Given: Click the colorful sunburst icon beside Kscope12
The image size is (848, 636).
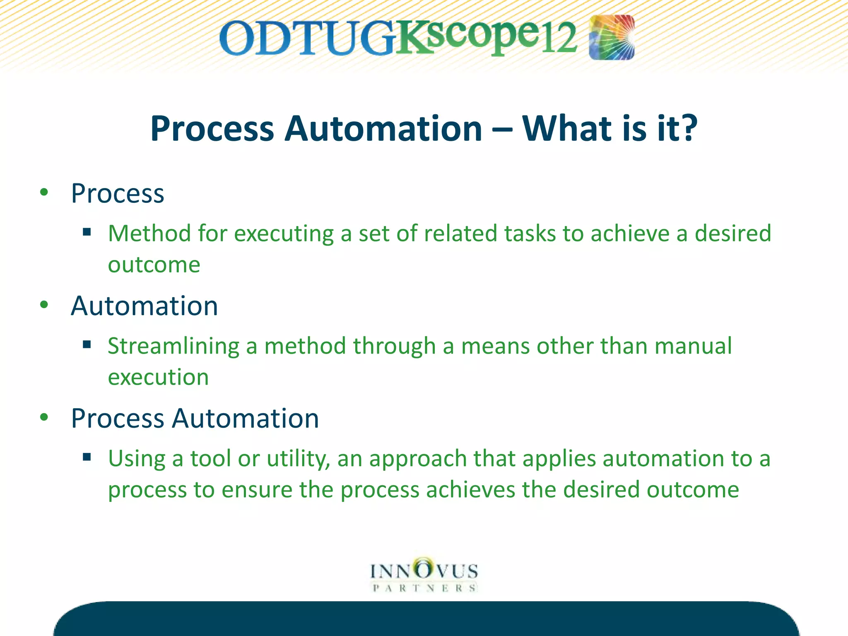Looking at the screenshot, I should click(x=612, y=37).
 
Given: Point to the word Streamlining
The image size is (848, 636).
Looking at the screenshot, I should click(x=173, y=346).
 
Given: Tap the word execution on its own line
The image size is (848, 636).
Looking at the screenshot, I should click(x=158, y=377).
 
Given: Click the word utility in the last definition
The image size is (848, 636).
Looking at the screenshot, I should click(x=298, y=459).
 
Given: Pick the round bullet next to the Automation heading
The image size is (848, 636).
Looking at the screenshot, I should click(x=44, y=305).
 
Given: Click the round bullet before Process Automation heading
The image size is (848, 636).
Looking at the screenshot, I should click(x=44, y=417).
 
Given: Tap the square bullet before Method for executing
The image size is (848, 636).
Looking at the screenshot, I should click(x=87, y=232).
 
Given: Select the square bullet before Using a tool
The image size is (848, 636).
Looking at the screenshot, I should click(x=87, y=457).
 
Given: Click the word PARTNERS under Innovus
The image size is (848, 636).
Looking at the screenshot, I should click(x=424, y=588).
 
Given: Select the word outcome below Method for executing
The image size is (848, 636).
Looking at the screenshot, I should click(x=154, y=265).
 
